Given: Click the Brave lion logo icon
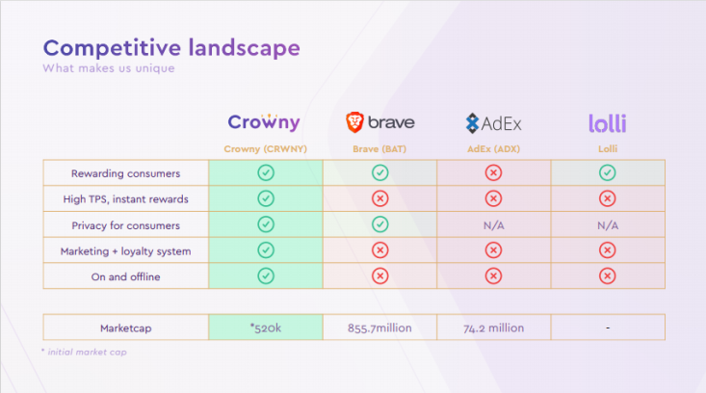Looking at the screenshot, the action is (x=354, y=122).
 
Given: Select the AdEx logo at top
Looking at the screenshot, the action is (x=493, y=123).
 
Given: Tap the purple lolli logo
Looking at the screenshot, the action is (x=608, y=123).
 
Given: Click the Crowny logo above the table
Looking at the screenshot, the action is (x=264, y=122).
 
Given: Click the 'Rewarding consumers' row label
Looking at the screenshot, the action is (x=125, y=173).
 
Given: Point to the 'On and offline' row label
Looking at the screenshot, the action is (x=125, y=276).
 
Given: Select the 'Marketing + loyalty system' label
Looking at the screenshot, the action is (x=125, y=251).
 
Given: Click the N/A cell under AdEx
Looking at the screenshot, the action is (x=493, y=225).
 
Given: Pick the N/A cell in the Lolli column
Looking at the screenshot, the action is (x=608, y=225).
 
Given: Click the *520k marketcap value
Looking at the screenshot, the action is (x=266, y=327).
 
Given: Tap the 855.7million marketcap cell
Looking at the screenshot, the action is (x=379, y=327).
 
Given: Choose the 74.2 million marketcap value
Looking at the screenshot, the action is (x=493, y=327).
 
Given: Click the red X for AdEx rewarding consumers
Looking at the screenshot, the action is (x=493, y=172).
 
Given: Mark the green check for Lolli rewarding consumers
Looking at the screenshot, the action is (x=608, y=172).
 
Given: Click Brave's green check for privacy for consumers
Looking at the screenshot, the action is (x=380, y=224).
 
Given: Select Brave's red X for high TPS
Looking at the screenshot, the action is (x=380, y=198).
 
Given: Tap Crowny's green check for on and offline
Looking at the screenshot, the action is (x=266, y=275).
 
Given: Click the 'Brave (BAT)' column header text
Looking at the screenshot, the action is (x=379, y=149).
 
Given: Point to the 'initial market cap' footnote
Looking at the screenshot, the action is (x=87, y=352).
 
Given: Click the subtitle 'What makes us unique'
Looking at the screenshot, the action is (x=109, y=68).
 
